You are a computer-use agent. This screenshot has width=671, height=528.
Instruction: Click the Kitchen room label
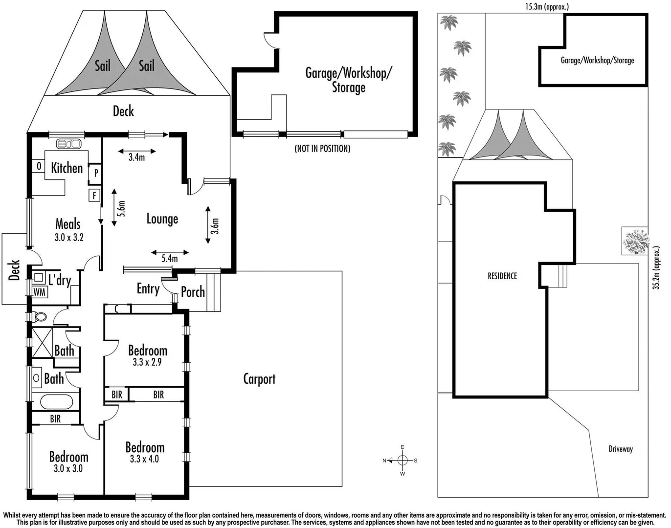pyautogui.click(x=67, y=168)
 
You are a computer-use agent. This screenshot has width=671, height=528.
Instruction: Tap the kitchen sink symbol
pyautogui.click(x=68, y=144)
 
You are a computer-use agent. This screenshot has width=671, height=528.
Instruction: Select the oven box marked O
pyautogui.click(x=39, y=166)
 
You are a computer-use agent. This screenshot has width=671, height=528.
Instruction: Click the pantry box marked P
pyautogui.click(x=96, y=173)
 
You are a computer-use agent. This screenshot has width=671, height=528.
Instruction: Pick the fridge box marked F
pyautogui.click(x=94, y=196)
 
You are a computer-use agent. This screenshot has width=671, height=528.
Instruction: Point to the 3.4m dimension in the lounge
pyautogui.click(x=137, y=157)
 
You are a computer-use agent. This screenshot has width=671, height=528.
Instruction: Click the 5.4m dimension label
pyautogui.click(x=170, y=258)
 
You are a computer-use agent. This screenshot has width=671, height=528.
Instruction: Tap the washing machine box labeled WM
pyautogui.click(x=40, y=292)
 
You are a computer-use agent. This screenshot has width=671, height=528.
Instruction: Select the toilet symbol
pyautogui.click(x=40, y=317)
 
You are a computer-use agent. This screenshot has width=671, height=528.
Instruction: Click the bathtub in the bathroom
pyautogui.click(x=56, y=402)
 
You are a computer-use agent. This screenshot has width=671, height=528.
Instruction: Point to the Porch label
pyautogui.click(x=193, y=292)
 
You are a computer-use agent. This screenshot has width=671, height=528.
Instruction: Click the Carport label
pyautogui.click(x=259, y=379)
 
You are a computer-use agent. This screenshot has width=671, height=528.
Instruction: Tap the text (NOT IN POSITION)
pyautogui.click(x=322, y=148)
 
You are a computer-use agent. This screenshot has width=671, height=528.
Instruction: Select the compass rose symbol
pyautogui.click(x=402, y=460)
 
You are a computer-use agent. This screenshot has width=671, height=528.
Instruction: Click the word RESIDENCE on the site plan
pyautogui.click(x=502, y=276)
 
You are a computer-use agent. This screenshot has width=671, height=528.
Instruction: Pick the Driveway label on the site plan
pyautogui.click(x=621, y=449)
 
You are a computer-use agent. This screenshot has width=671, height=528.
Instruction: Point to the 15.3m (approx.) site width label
pyautogui.click(x=547, y=7)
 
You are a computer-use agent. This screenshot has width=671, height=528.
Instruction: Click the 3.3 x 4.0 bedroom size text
pyautogui.click(x=144, y=459)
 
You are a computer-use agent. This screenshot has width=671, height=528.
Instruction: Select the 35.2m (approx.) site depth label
pyautogui.click(x=656, y=268)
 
